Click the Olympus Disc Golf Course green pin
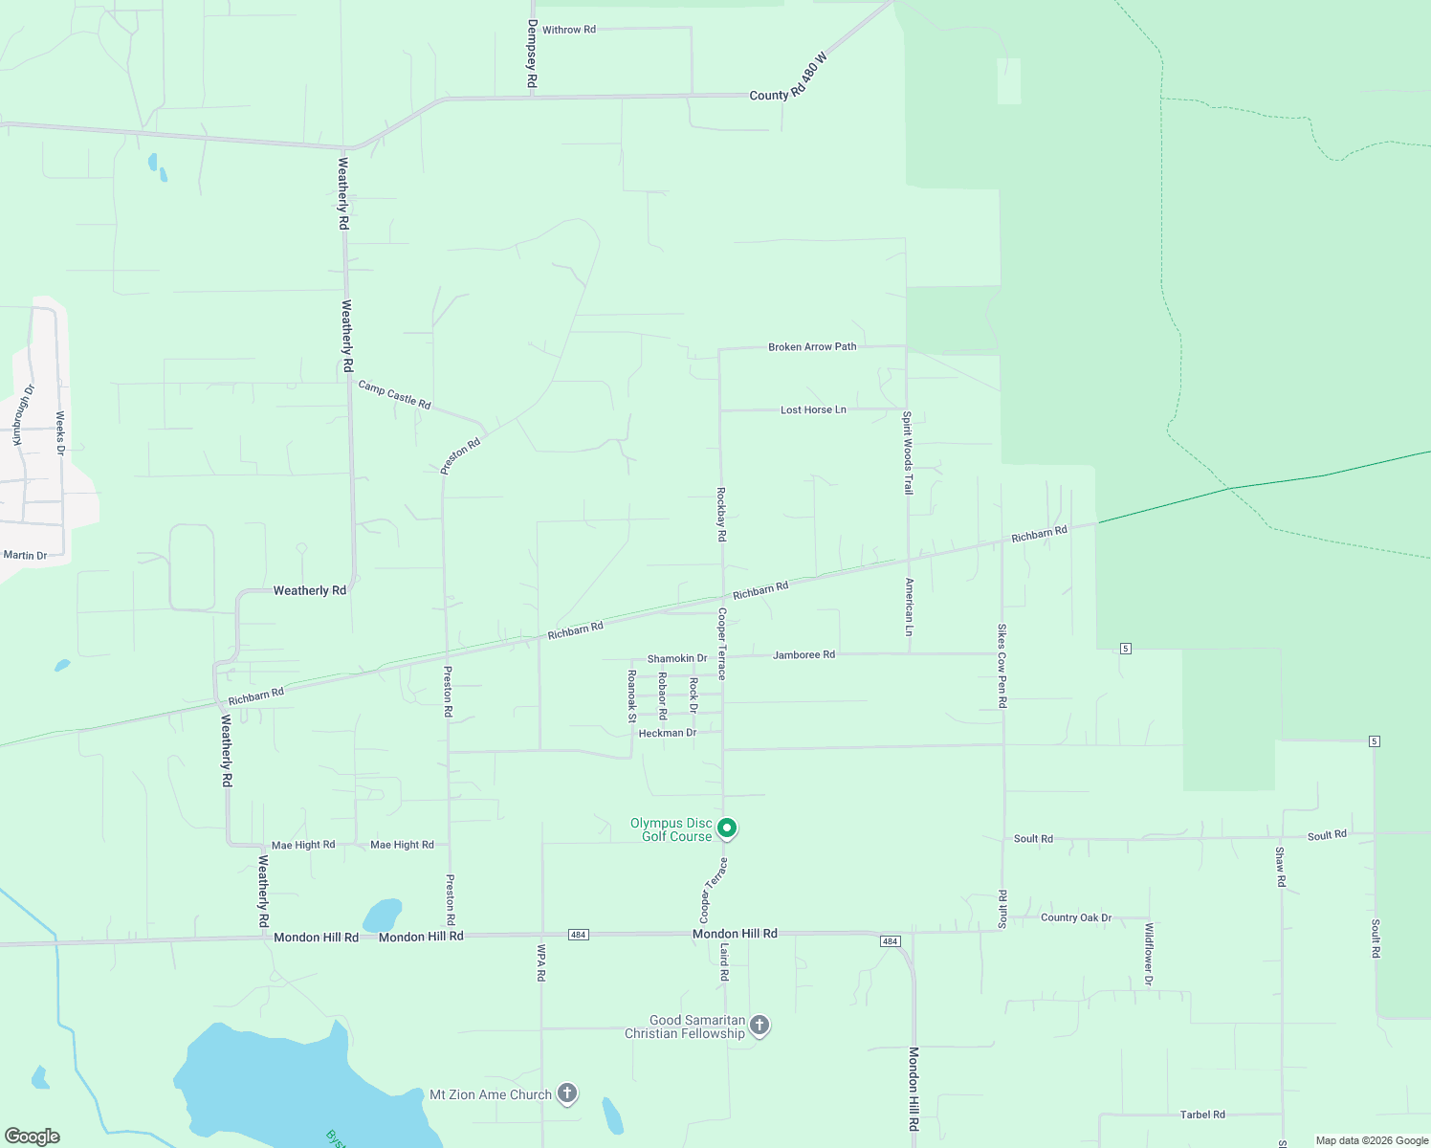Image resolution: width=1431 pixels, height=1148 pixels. pyautogui.click(x=727, y=828)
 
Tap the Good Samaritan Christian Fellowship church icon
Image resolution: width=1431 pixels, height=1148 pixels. pyautogui.click(x=760, y=1026)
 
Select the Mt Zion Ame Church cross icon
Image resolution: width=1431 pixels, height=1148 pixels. pyautogui.click(x=567, y=1093)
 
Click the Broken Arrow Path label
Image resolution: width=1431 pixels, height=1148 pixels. pyautogui.click(x=812, y=346)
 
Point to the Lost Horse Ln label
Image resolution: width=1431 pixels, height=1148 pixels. pyautogui.click(x=813, y=409)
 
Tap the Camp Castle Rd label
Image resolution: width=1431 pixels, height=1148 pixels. pyautogui.click(x=394, y=394)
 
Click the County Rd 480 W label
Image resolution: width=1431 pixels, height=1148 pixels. pyautogui.click(x=787, y=77)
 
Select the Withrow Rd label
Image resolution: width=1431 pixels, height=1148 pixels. pyautogui.click(x=568, y=30)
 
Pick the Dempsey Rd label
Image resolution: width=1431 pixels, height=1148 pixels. pyautogui.click(x=532, y=55)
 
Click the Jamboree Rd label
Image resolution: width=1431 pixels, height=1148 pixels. pyautogui.click(x=804, y=654)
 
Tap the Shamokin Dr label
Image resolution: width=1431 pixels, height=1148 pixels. pyautogui.click(x=677, y=658)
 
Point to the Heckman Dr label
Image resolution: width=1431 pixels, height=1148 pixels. pyautogui.click(x=667, y=733)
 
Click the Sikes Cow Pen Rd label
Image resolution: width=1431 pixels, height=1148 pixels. pyautogui.click(x=1002, y=666)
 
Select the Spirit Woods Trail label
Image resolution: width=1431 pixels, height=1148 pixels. pyautogui.click(x=907, y=453)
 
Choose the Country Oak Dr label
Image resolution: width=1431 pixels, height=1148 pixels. pyautogui.click(x=1076, y=917)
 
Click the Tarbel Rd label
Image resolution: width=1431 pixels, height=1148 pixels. pyautogui.click(x=1202, y=1115)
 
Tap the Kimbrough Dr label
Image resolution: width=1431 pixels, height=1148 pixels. pyautogui.click(x=23, y=414)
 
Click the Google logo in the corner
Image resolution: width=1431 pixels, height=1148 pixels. pyautogui.click(x=33, y=1137)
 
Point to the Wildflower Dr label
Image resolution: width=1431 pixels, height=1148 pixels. pyautogui.click(x=1149, y=954)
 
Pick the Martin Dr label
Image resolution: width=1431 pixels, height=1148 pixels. pyautogui.click(x=25, y=555)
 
